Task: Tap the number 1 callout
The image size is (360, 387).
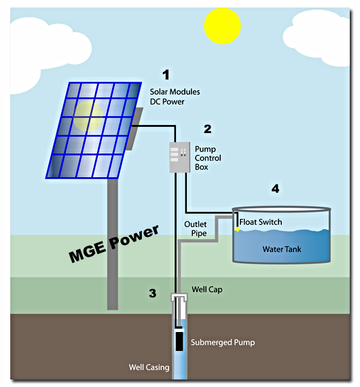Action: coord(164,75)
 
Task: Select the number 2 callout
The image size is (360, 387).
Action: coord(207,128)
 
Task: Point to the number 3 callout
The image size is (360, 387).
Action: coord(153,293)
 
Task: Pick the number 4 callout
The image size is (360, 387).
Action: coord(275,189)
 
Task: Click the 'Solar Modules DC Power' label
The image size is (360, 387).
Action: coord(175,96)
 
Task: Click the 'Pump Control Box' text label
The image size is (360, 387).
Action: coord(208,158)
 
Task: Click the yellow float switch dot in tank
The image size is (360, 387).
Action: coord(237,229)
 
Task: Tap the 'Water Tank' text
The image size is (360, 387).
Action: coord(282,249)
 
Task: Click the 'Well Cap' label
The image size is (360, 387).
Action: coord(206,290)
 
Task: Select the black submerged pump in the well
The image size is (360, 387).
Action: coord(179,340)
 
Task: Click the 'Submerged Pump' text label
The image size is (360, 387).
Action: coord(223,342)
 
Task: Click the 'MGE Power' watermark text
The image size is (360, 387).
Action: coord(113,243)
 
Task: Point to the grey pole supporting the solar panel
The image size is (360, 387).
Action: coord(113,244)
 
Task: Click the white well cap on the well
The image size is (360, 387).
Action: coord(179,299)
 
